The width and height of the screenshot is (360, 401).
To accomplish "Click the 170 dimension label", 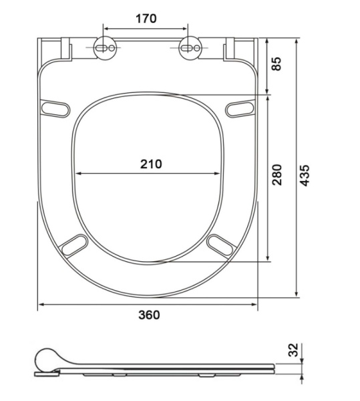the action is point(146,19).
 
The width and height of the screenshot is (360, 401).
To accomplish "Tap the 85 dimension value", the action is point(277,63).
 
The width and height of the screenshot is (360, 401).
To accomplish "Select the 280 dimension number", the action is point(277,174).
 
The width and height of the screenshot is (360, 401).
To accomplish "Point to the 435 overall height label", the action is point(305,175).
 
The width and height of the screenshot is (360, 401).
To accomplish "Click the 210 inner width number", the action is point(151,164).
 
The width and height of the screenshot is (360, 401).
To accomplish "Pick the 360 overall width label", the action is point(149,315).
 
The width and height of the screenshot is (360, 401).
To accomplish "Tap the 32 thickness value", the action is point(293,350).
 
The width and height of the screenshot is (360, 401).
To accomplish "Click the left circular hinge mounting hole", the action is point(106,48).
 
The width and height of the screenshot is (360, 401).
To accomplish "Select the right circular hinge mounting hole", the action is point(190,48).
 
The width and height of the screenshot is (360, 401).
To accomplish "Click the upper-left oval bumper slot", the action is point(55,109).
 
